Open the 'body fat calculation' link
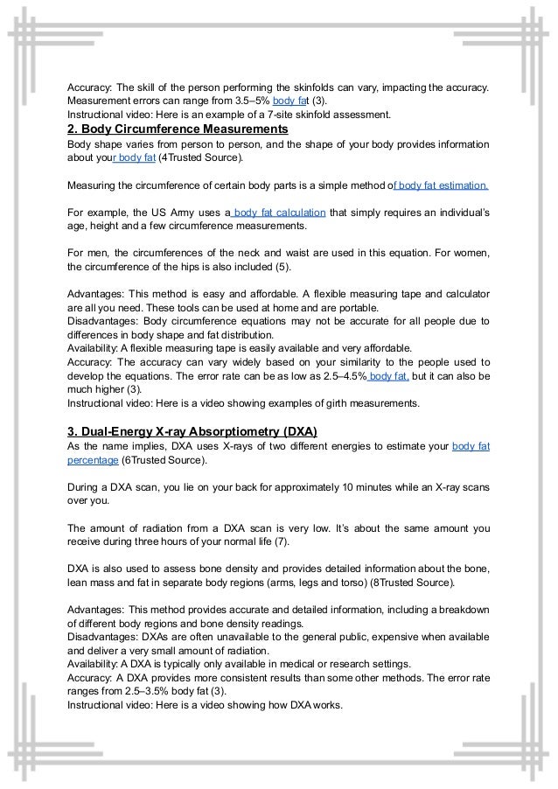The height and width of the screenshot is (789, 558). click(x=279, y=213)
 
